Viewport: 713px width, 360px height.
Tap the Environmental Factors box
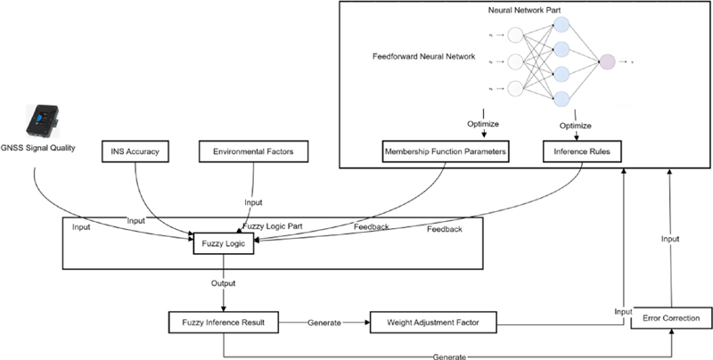254,152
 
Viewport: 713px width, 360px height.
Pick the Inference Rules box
582,152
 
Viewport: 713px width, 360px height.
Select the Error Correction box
671,318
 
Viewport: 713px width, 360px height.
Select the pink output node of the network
608,61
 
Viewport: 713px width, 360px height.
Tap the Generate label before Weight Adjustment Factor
324,321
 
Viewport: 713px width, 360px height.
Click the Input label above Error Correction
668,239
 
